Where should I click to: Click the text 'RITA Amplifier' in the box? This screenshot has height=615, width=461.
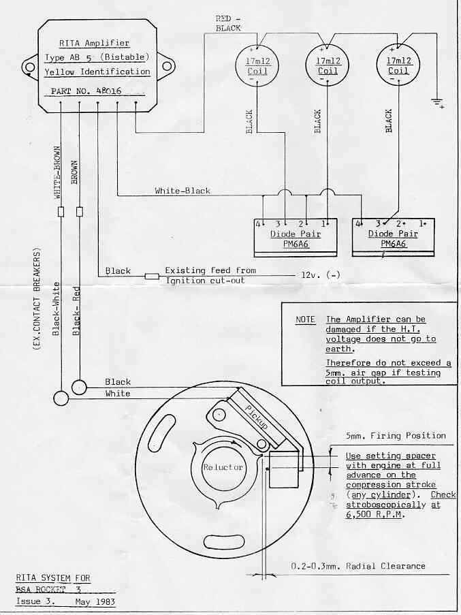[94, 43]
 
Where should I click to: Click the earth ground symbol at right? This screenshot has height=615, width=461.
[437, 103]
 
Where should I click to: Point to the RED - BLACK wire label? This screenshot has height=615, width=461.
[228, 24]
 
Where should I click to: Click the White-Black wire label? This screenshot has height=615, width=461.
[182, 191]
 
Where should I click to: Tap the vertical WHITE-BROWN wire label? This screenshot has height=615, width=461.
[58, 172]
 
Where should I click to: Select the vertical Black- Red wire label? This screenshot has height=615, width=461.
[76, 311]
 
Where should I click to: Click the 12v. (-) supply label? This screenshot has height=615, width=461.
[321, 275]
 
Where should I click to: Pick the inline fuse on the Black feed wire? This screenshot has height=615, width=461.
[152, 276]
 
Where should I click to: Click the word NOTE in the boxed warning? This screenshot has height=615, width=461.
[305, 319]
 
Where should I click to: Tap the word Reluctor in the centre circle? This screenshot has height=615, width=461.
[223, 467]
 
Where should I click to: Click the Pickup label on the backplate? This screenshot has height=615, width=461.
[257, 417]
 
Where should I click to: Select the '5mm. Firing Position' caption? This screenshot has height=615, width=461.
[396, 436]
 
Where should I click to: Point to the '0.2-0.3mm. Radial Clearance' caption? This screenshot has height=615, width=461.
[358, 566]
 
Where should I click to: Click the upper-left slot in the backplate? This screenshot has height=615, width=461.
[163, 432]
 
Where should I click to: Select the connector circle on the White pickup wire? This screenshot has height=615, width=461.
[61, 398]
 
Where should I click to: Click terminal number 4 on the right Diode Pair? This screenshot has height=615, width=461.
[358, 223]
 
